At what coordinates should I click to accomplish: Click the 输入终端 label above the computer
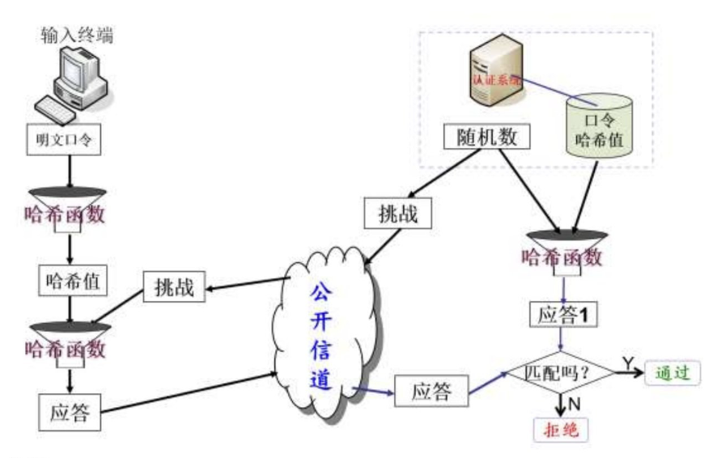tap(76, 36)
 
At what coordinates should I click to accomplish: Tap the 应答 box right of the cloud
tap(430, 392)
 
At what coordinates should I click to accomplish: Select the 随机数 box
tap(486, 136)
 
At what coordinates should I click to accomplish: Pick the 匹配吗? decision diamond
tap(558, 372)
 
